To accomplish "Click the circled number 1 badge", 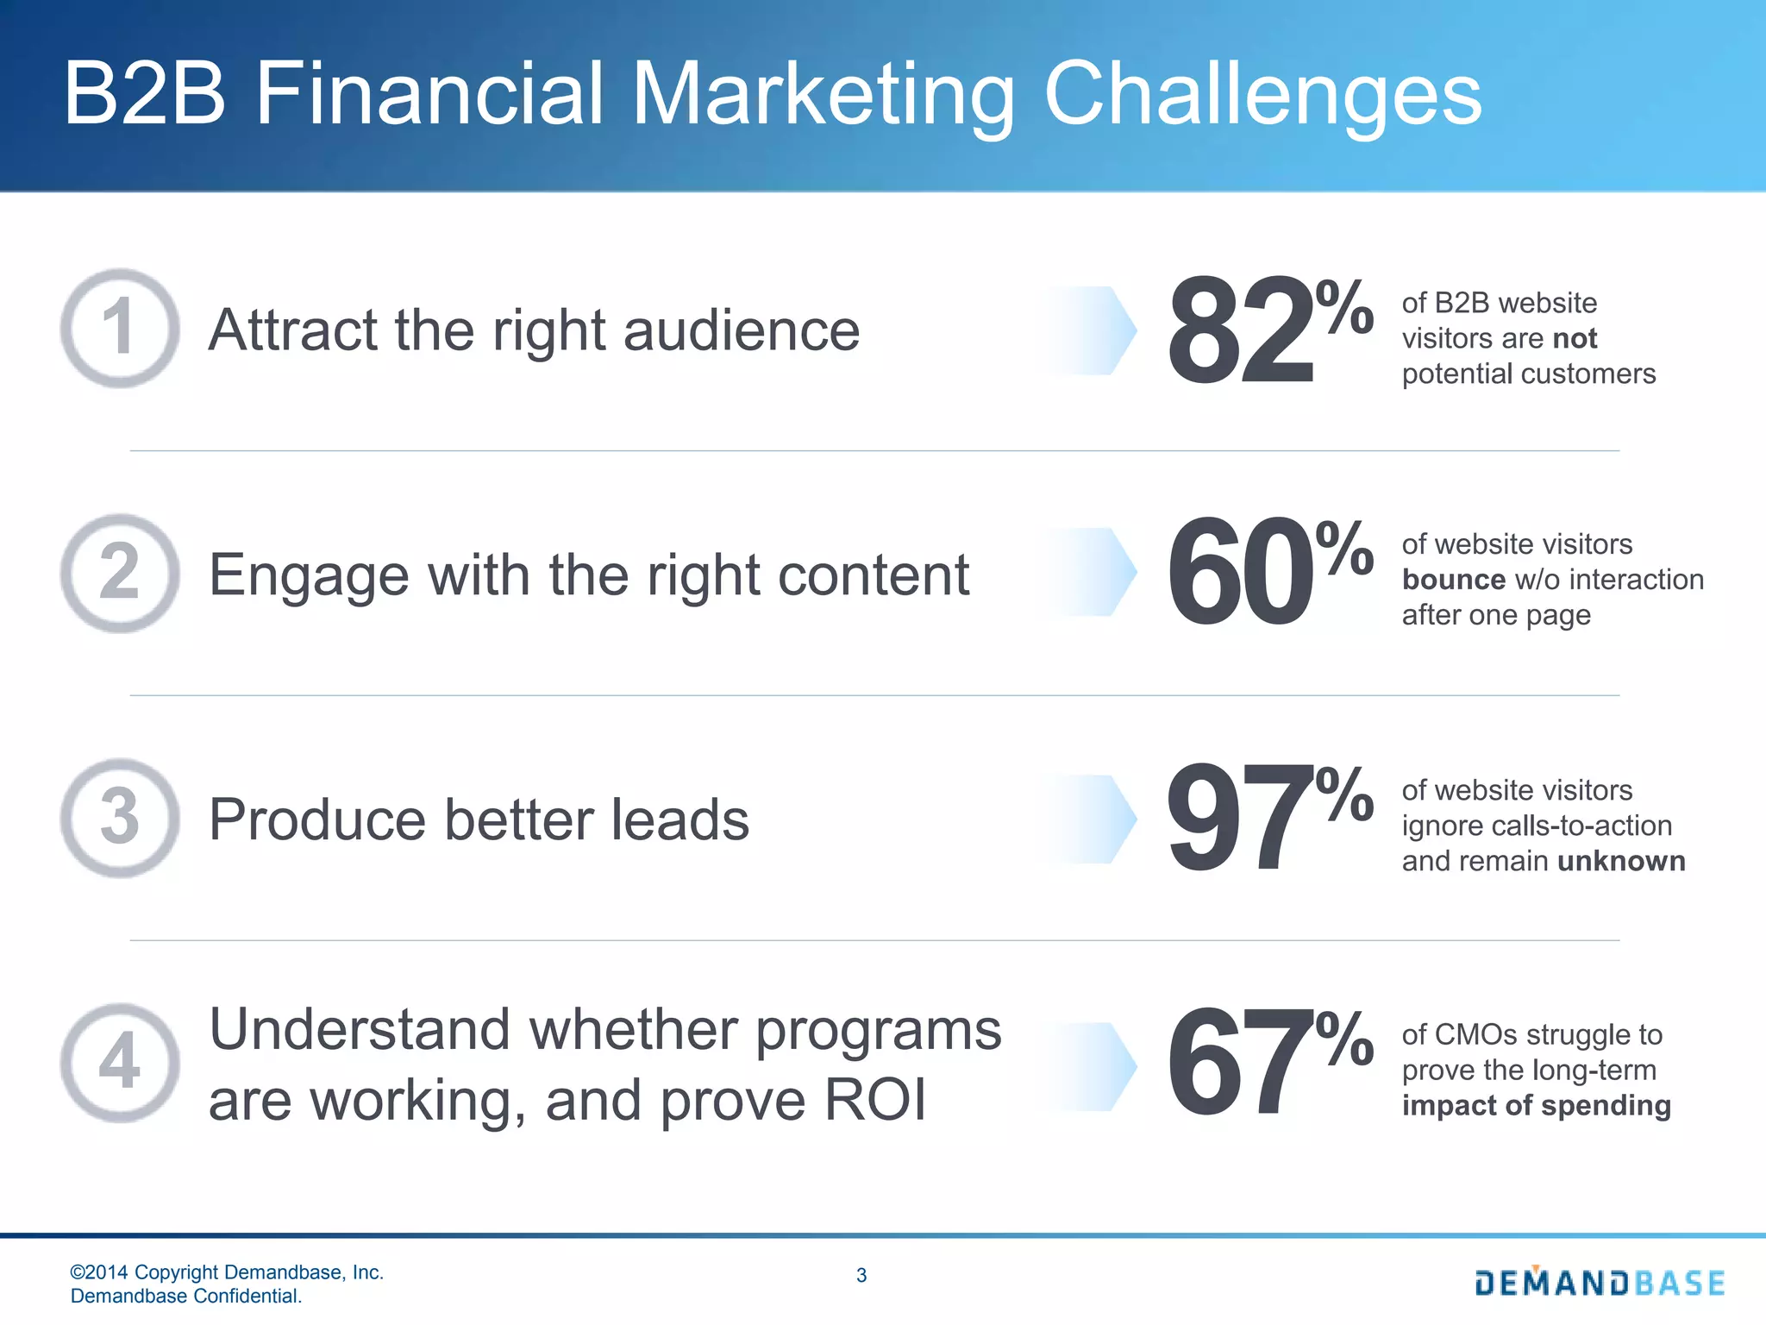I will [120, 329].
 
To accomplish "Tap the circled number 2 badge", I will [120, 573].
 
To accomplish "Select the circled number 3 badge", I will [120, 818].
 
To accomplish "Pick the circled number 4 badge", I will [120, 1062].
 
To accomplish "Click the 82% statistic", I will [1268, 330].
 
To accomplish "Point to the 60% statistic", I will [1268, 572].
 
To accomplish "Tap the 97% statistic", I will [1268, 818].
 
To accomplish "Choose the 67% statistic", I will [1268, 1062].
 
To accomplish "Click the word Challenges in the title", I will [1262, 95].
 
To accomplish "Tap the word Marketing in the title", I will [824, 95].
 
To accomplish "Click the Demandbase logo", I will [1600, 1283].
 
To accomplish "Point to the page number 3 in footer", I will [861, 1275].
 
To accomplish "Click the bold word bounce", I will [1454, 580].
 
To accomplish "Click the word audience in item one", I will [742, 330].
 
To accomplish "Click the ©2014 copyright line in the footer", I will [227, 1272].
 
